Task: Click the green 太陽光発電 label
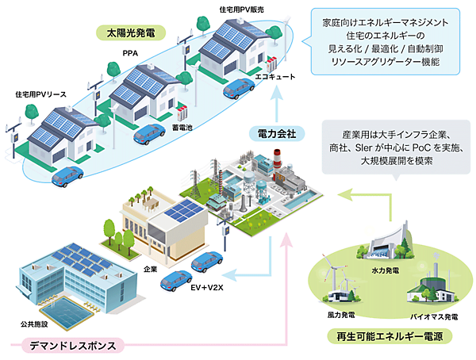[127, 33]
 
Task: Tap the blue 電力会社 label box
[277, 133]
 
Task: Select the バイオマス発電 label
[433, 316]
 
